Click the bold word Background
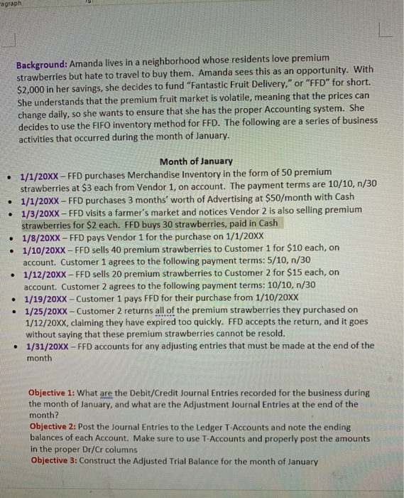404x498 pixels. pyautogui.click(x=41, y=56)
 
